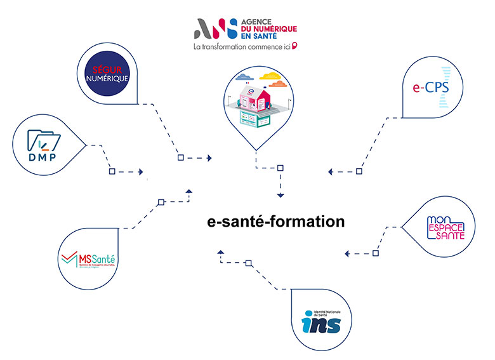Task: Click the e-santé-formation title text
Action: click(x=276, y=222)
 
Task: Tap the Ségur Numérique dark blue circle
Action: click(x=107, y=73)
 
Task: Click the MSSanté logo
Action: click(x=89, y=260)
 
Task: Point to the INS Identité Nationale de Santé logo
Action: click(x=322, y=319)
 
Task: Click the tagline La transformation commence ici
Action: click(x=241, y=46)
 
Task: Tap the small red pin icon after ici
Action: click(x=294, y=46)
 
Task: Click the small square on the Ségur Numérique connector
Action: click(x=180, y=157)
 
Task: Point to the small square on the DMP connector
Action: click(x=112, y=171)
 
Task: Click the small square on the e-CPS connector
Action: click(x=359, y=171)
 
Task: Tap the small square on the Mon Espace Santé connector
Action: click(x=375, y=253)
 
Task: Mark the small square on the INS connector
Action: click(x=249, y=262)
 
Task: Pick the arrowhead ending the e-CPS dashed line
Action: click(x=331, y=171)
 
